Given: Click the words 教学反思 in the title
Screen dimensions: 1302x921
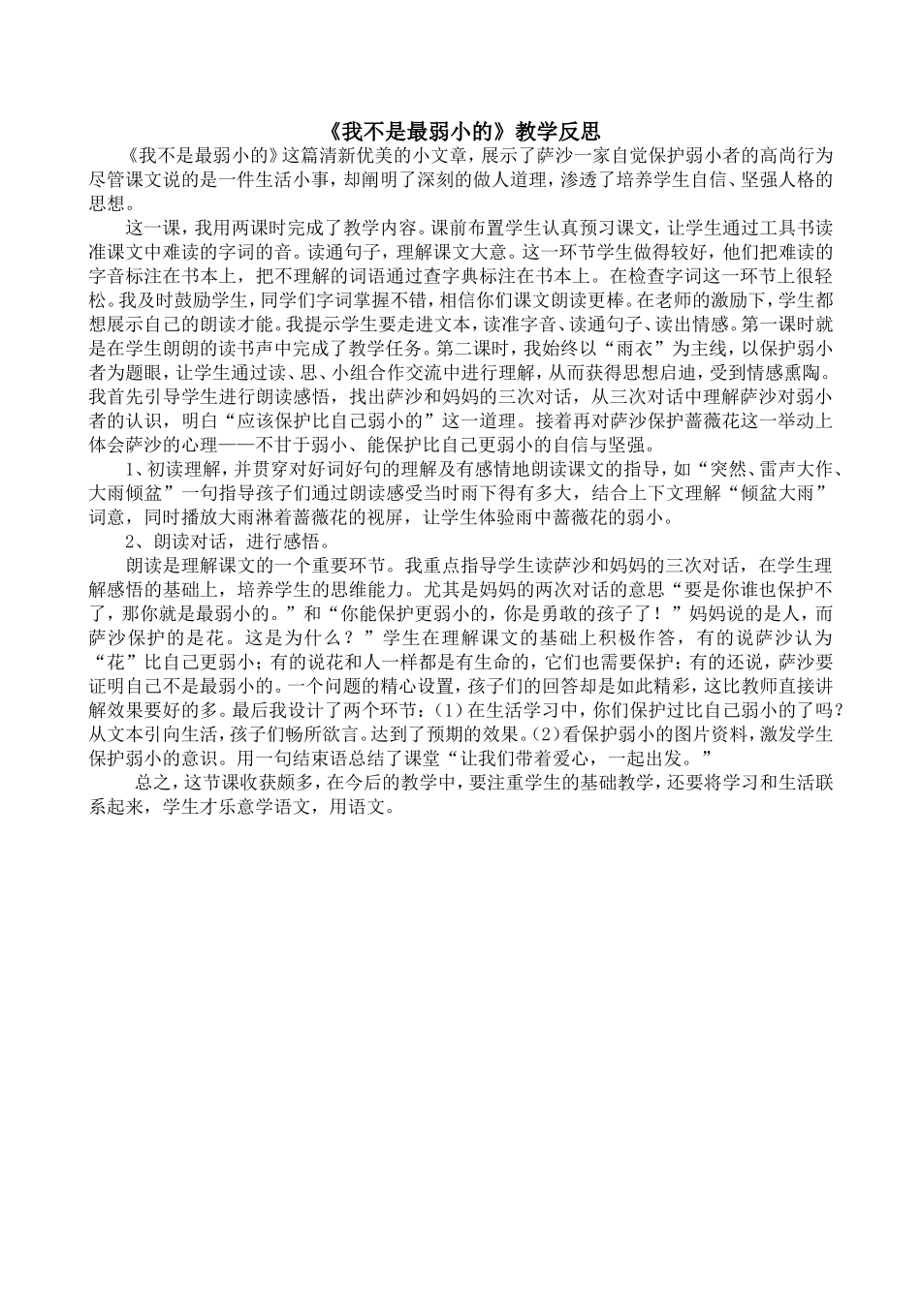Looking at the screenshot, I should [557, 131].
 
